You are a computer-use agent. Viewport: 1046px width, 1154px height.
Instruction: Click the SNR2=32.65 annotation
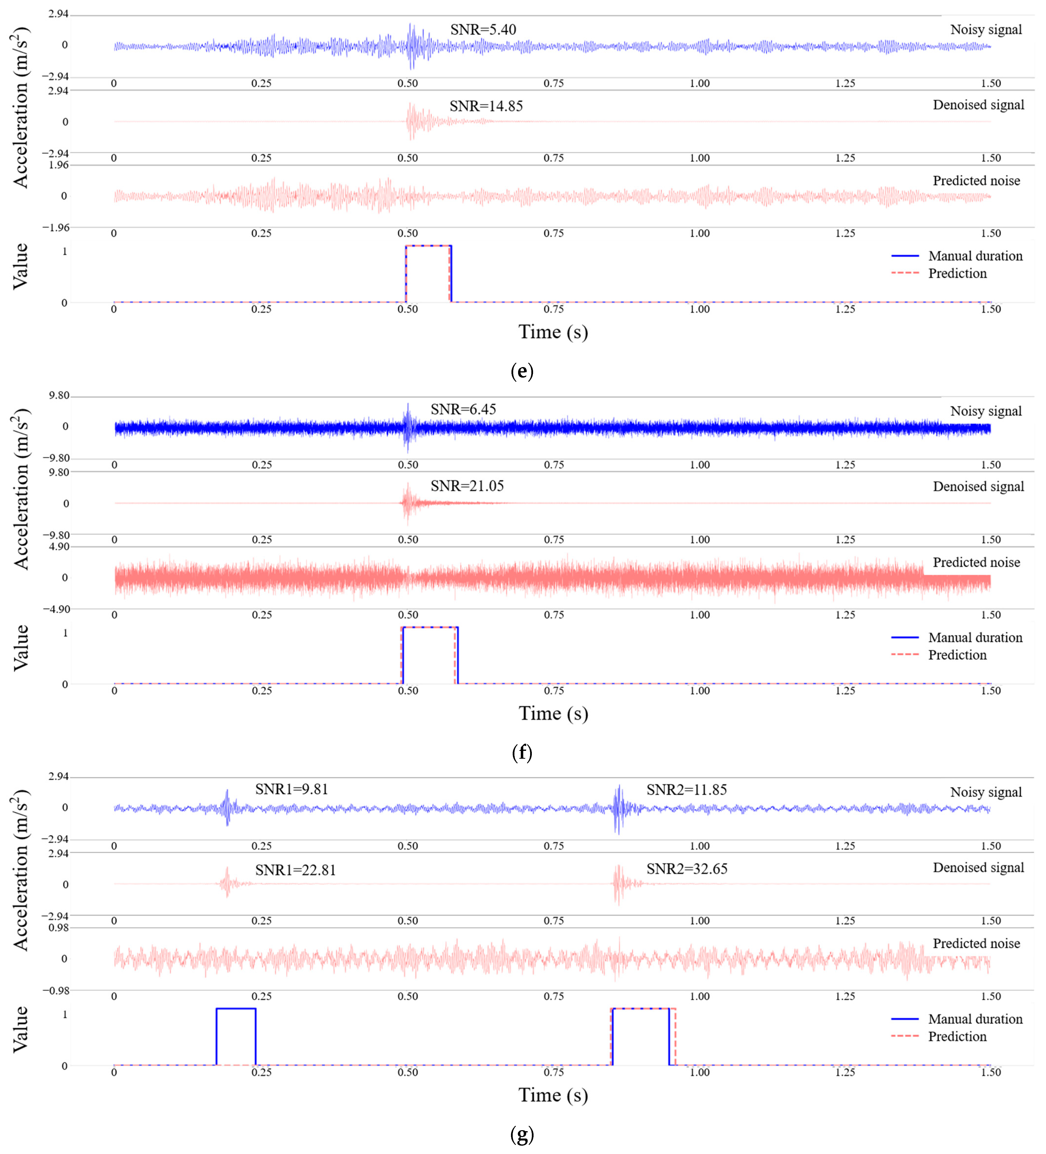tap(687, 869)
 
